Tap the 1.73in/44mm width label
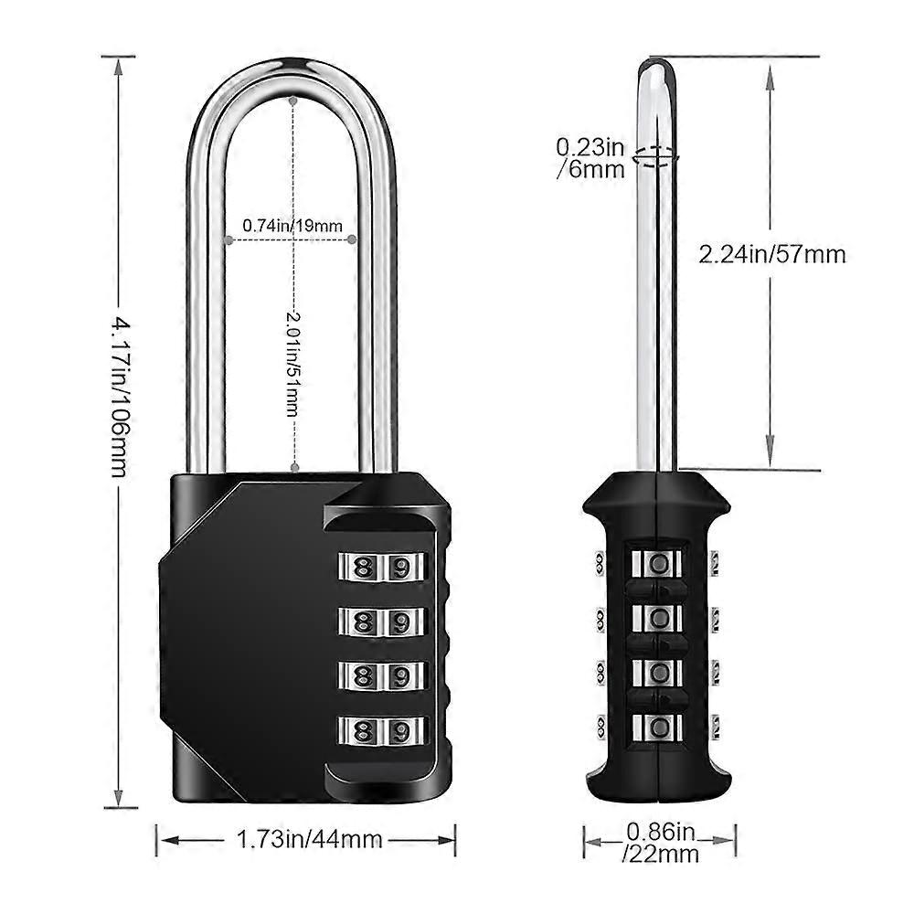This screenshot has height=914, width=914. pyautogui.click(x=309, y=839)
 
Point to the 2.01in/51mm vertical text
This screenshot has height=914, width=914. pyautogui.click(x=292, y=362)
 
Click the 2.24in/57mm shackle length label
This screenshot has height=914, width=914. pyautogui.click(x=772, y=255)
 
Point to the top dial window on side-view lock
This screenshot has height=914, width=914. pyautogui.click(x=656, y=563)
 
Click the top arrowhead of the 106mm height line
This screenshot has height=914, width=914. pyautogui.click(x=118, y=64)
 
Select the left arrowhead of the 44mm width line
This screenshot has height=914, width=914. pyautogui.click(x=164, y=839)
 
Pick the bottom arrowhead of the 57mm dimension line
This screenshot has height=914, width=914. pyautogui.click(x=771, y=462)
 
